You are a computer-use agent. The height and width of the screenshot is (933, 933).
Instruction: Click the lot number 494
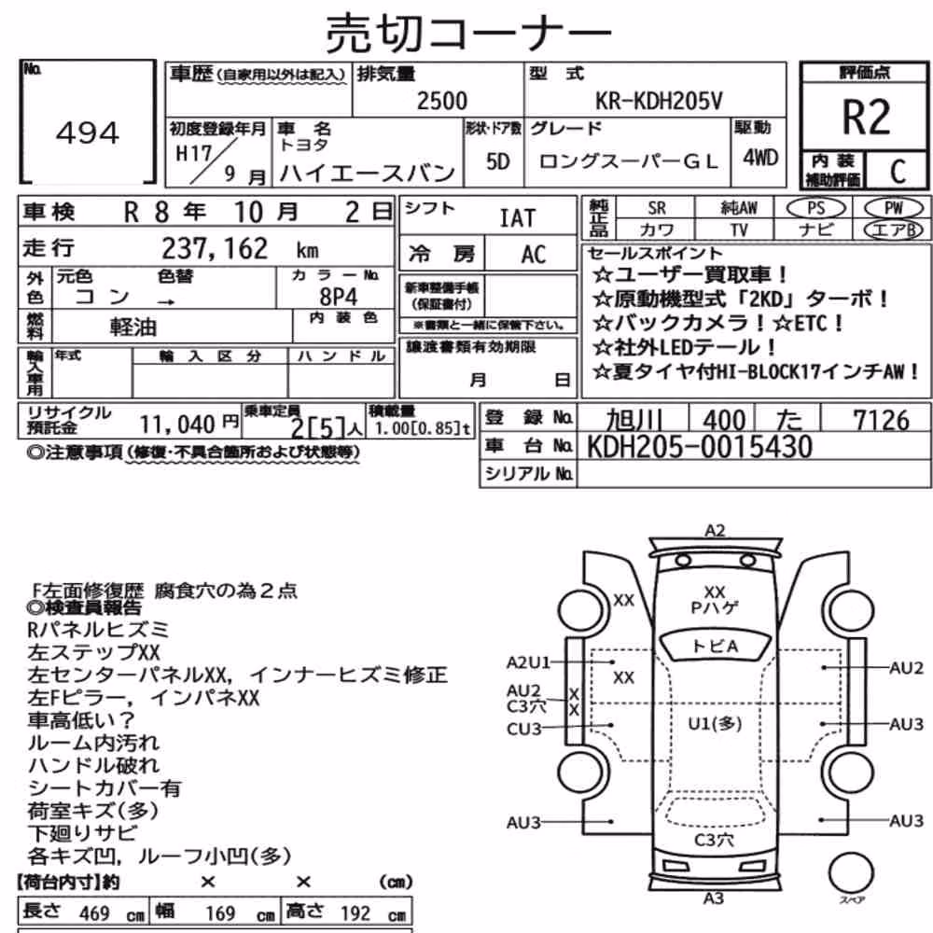tap(88, 132)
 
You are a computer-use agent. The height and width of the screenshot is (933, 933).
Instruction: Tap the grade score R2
tap(866, 117)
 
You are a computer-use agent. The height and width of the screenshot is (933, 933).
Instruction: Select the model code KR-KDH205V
tap(659, 101)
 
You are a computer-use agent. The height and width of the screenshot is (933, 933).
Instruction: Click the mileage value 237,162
tap(215, 249)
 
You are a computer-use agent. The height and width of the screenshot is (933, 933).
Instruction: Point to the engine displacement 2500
tap(442, 101)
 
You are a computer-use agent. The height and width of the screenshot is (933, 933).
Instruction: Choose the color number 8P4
tap(339, 297)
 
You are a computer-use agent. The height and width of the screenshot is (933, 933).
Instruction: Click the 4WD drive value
tap(759, 158)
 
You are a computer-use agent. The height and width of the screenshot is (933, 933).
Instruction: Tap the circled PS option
tap(815, 208)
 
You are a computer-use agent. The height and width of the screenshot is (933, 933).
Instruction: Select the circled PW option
tap(893, 208)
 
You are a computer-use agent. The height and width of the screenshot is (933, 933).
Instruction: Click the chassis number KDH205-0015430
tap(699, 446)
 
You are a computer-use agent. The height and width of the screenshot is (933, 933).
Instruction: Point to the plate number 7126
tap(882, 420)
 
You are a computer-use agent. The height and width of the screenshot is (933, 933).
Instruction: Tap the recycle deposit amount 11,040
tap(177, 425)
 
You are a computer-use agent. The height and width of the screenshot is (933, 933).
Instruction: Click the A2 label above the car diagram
tap(715, 530)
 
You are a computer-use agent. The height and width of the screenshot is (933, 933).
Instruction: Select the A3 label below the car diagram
tap(714, 898)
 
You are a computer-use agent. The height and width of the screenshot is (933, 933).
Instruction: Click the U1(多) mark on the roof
tap(715, 724)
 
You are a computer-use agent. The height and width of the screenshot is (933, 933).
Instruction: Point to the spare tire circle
tap(851, 873)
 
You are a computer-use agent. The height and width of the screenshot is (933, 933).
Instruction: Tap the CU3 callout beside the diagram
tap(523, 729)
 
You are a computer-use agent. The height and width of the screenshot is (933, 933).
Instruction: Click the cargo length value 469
tap(94, 913)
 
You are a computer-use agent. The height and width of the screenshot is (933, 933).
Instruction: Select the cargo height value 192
tap(355, 913)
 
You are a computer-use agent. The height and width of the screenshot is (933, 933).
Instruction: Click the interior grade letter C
tap(898, 172)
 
